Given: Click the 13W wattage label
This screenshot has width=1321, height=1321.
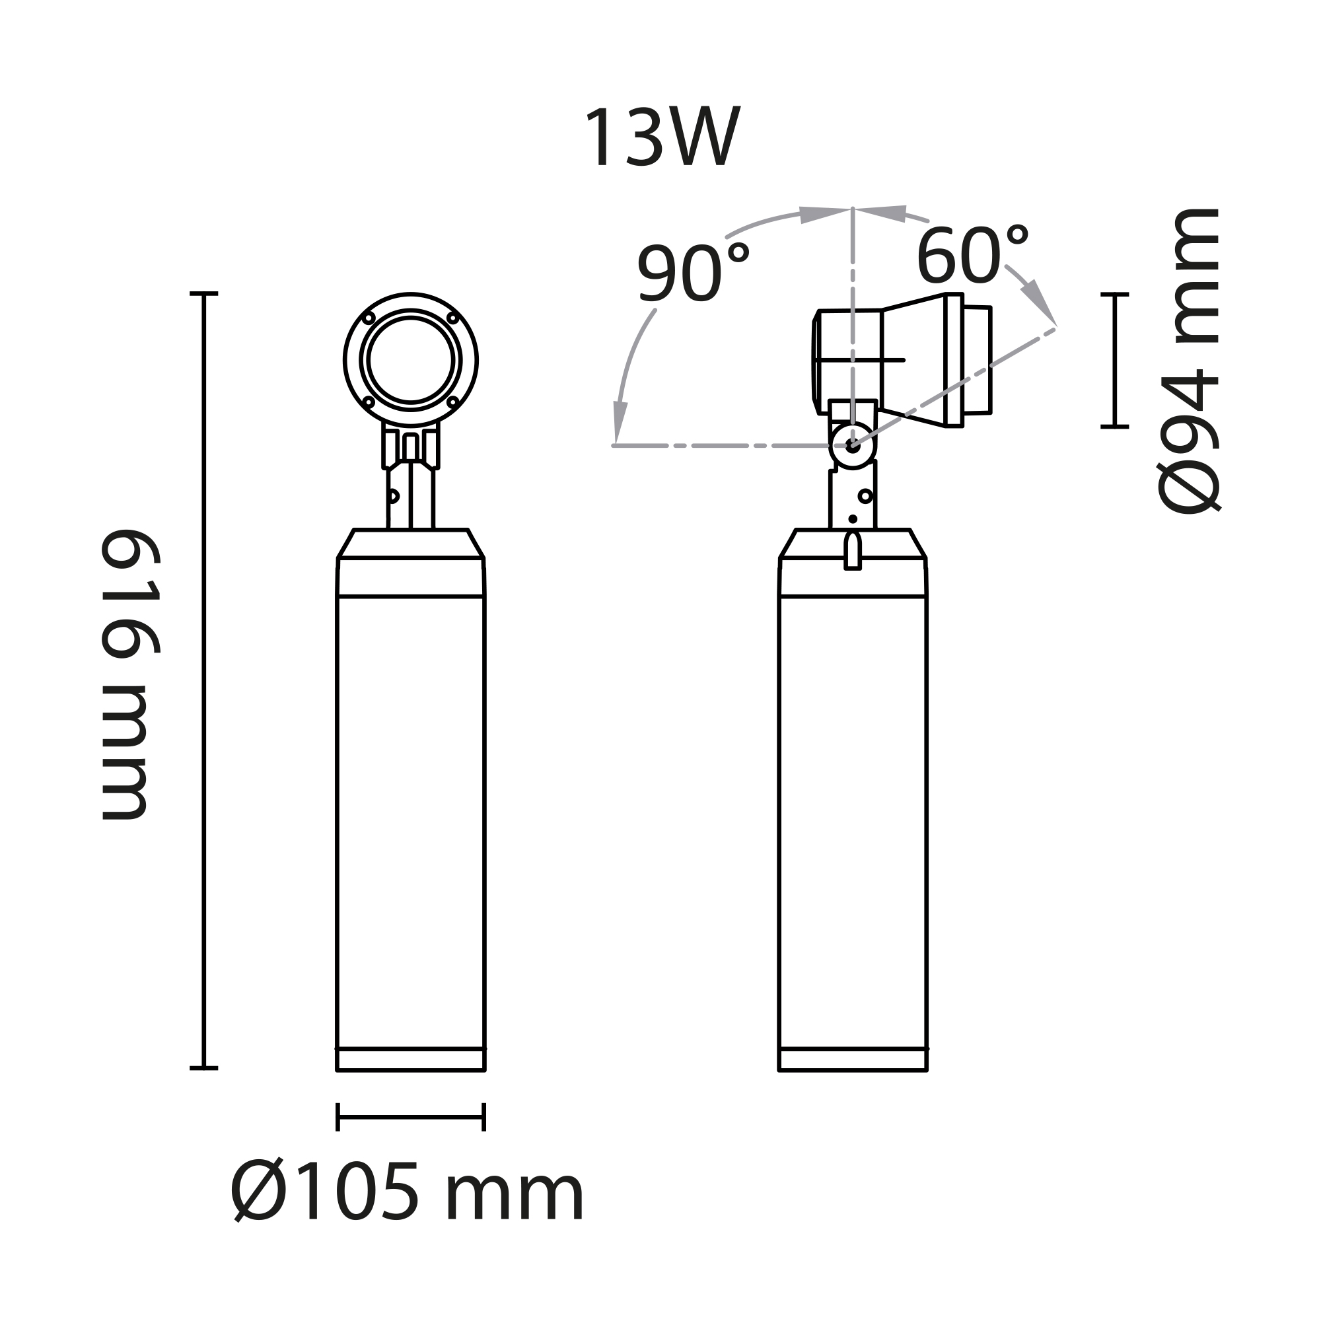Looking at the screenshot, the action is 661,137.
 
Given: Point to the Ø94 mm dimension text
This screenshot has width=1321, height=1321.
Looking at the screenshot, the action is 1189,361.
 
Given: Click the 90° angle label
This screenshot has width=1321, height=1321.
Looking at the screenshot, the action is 693,272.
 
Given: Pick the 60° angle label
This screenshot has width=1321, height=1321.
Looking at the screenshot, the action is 972,255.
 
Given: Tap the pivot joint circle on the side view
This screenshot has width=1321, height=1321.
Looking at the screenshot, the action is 852,446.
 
